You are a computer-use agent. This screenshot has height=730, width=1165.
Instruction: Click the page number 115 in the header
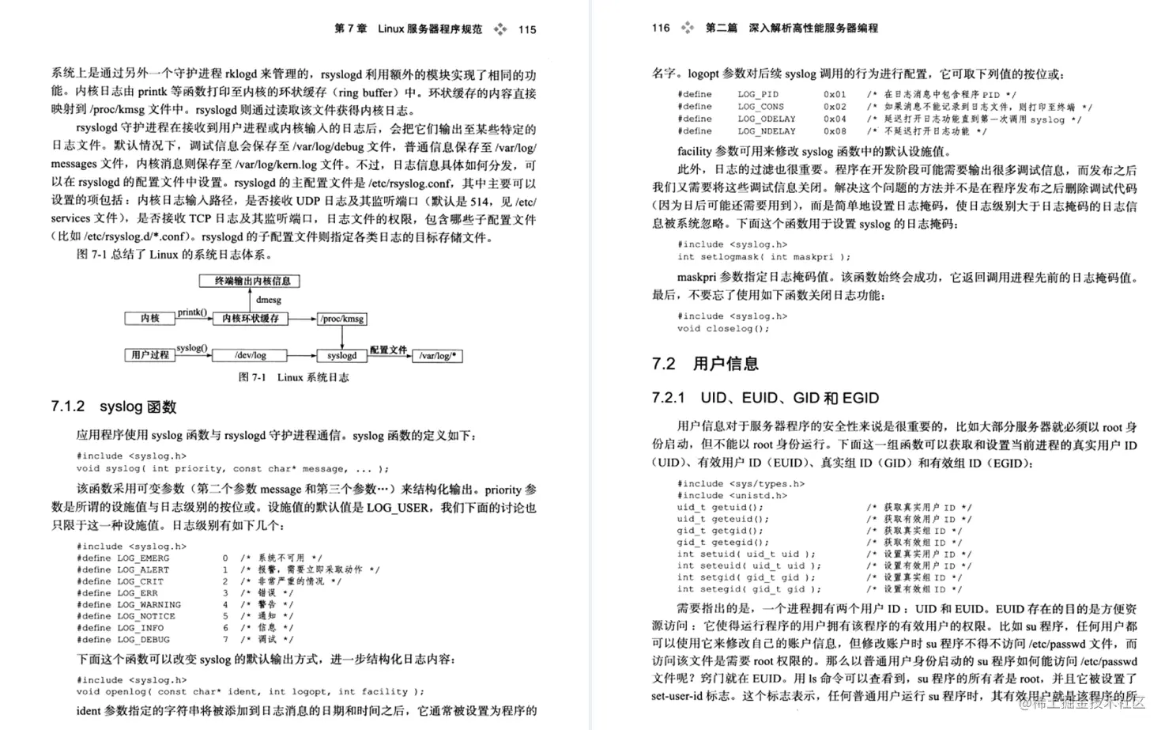(527, 29)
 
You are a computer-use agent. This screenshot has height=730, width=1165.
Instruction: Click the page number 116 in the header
(661, 28)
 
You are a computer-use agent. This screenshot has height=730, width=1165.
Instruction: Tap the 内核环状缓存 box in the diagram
(251, 318)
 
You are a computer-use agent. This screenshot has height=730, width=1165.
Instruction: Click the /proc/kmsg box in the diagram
(342, 319)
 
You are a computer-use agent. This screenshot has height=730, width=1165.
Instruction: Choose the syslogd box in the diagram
(342, 356)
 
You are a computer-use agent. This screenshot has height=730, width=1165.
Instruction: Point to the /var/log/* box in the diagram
(438, 356)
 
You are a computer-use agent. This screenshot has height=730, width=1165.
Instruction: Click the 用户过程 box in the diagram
(150, 355)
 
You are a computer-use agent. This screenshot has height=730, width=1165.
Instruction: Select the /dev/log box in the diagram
(251, 356)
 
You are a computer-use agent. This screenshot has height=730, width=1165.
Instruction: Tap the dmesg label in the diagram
(269, 300)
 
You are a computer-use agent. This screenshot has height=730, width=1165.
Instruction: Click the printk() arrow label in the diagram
(192, 312)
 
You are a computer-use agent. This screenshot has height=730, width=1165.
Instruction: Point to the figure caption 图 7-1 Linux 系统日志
(293, 377)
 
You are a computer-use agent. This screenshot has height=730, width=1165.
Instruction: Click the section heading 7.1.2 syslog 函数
(114, 407)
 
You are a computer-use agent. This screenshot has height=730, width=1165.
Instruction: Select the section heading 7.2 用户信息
(705, 364)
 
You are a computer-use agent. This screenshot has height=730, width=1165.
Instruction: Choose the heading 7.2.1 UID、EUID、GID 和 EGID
(765, 398)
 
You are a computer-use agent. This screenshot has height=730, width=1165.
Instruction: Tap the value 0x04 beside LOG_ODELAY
(835, 119)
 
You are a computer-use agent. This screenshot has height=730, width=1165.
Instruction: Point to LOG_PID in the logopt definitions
(758, 94)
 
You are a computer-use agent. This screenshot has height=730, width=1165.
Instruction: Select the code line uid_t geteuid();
(722, 519)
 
